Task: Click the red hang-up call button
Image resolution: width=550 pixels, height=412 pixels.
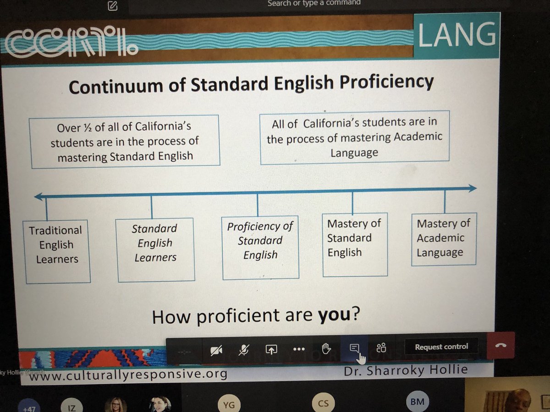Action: coord(500,346)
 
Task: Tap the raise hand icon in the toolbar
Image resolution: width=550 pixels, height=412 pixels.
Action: coord(325,349)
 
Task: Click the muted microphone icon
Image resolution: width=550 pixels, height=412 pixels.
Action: coord(243,350)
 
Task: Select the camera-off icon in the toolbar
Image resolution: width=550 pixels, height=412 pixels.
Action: coord(216,351)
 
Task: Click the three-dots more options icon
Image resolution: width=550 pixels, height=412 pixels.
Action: coord(298,349)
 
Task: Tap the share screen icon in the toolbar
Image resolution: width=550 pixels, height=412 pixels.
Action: coord(271,350)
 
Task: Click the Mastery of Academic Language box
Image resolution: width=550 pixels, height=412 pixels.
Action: coord(444,239)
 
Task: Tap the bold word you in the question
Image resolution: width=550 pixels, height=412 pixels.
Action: coord(335,315)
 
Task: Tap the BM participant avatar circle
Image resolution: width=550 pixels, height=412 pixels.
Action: coord(417,402)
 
